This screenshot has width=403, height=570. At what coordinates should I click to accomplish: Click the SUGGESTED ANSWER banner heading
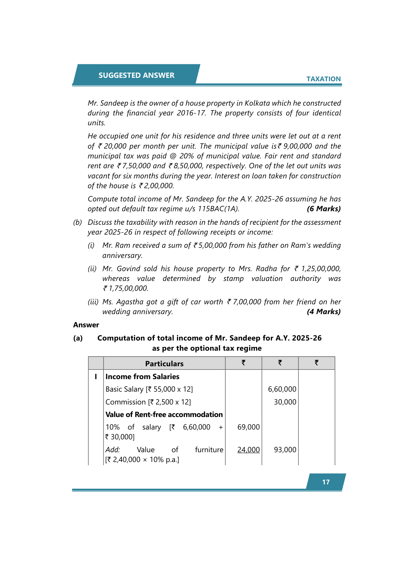coord(136,75)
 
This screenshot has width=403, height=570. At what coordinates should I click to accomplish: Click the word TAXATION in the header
coord(323,79)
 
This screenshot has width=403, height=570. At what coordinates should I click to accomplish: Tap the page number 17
coord(326,482)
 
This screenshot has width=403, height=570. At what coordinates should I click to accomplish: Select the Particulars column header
coord(164,364)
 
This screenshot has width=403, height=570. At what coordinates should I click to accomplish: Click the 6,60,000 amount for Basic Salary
coord(282,389)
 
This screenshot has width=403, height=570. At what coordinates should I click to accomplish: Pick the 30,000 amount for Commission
coord(285,402)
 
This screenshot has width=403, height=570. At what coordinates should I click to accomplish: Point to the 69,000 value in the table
coord(248,427)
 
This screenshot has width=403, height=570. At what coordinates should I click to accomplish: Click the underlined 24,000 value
coord(248,450)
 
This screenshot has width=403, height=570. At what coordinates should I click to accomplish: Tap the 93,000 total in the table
coord(285,450)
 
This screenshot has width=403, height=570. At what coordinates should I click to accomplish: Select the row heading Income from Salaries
coord(142,377)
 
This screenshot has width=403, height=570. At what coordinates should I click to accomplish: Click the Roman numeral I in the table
coord(96,377)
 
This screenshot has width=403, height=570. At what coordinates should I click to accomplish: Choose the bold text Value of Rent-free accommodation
coord(164,415)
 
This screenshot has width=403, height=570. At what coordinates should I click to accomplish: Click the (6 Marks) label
coord(323,209)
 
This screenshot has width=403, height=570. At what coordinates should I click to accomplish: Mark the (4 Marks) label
coord(323,312)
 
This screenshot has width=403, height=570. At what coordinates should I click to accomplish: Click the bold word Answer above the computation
coord(86,325)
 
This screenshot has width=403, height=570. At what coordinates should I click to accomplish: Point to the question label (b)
coord(77,222)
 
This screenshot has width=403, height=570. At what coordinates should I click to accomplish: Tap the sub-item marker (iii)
coord(93,302)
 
